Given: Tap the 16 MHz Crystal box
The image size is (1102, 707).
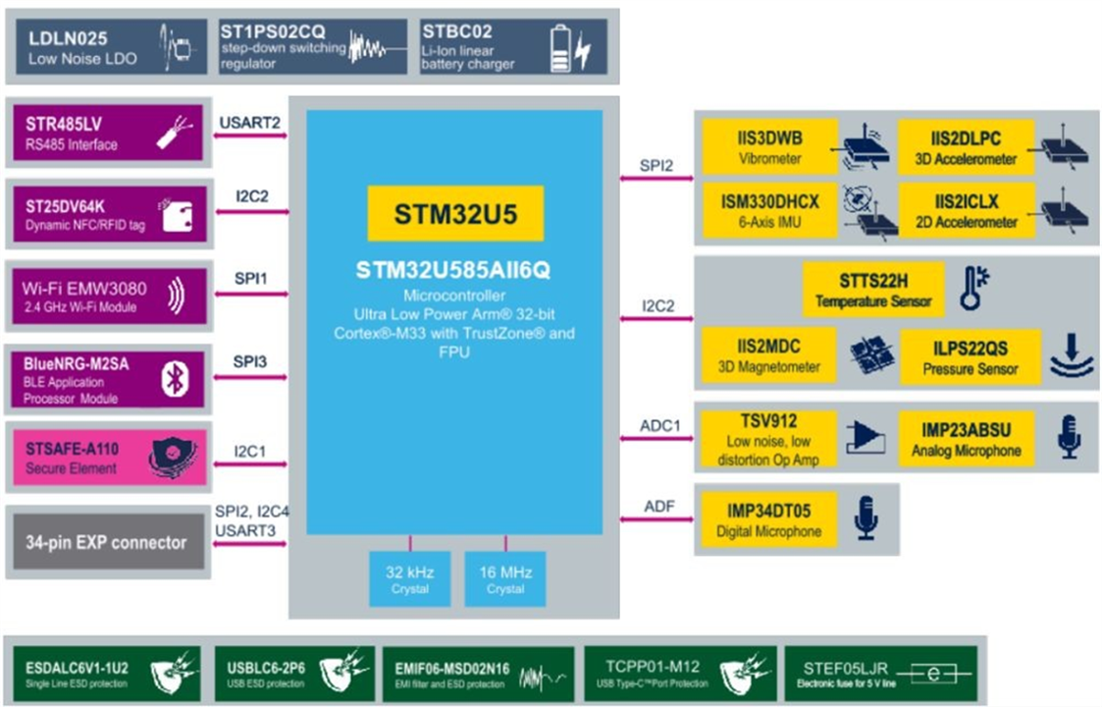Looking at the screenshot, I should pyautogui.click(x=504, y=579).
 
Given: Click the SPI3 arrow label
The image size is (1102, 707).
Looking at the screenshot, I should pyautogui.click(x=249, y=362).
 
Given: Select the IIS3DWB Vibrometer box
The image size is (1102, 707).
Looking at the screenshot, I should pyautogui.click(x=770, y=147).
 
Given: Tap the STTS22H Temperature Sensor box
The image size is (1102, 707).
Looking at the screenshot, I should pyautogui.click(x=873, y=290).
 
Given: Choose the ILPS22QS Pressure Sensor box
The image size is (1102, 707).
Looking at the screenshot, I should pyautogui.click(x=970, y=356).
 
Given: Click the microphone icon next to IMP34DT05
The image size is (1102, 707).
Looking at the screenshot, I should pyautogui.click(x=866, y=517).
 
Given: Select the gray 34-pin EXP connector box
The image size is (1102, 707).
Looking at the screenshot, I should pyautogui.click(x=106, y=542).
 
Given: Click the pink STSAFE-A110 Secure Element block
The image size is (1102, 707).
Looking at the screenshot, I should pyautogui.click(x=109, y=458).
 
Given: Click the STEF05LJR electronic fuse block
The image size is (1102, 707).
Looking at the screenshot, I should pyautogui.click(x=880, y=674).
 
